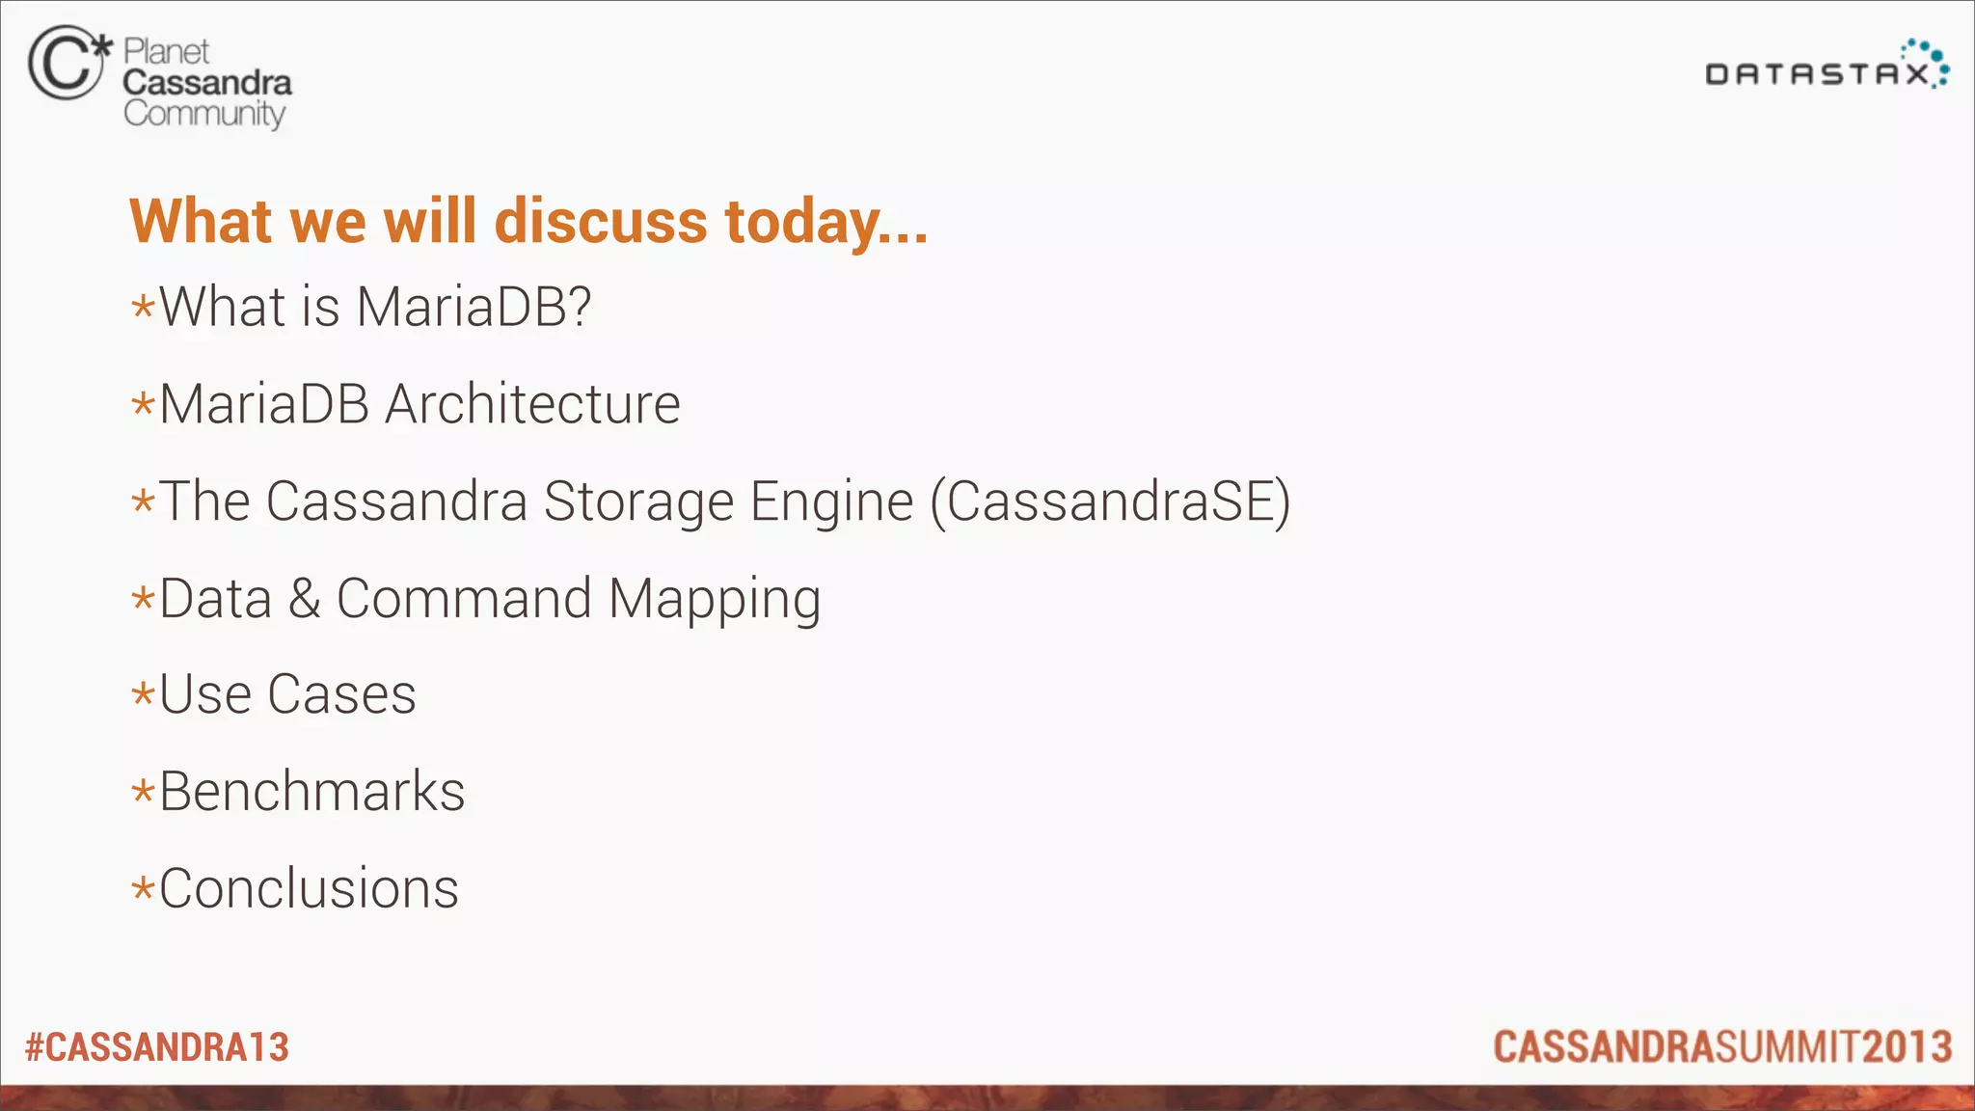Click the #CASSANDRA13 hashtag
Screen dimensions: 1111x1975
click(x=157, y=1047)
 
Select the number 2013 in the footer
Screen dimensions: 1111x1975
click(x=1907, y=1047)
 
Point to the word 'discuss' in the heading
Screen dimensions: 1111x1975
click(x=601, y=221)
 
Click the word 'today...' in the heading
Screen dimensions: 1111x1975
click(x=826, y=223)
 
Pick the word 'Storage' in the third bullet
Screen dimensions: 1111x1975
click(x=638, y=501)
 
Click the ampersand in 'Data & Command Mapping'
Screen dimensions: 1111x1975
click(x=304, y=598)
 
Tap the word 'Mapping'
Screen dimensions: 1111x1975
click(x=715, y=600)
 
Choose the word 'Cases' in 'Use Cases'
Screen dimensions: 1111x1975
click(x=341, y=694)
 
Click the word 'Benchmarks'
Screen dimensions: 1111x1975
click(x=311, y=792)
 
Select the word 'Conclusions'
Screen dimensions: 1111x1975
click(x=309, y=888)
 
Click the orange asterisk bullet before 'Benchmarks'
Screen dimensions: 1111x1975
click(x=143, y=793)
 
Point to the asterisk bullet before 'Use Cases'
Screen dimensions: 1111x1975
click(x=143, y=694)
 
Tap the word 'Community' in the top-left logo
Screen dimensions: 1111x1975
click(x=204, y=114)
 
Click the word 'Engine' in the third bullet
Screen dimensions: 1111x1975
click(x=831, y=503)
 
